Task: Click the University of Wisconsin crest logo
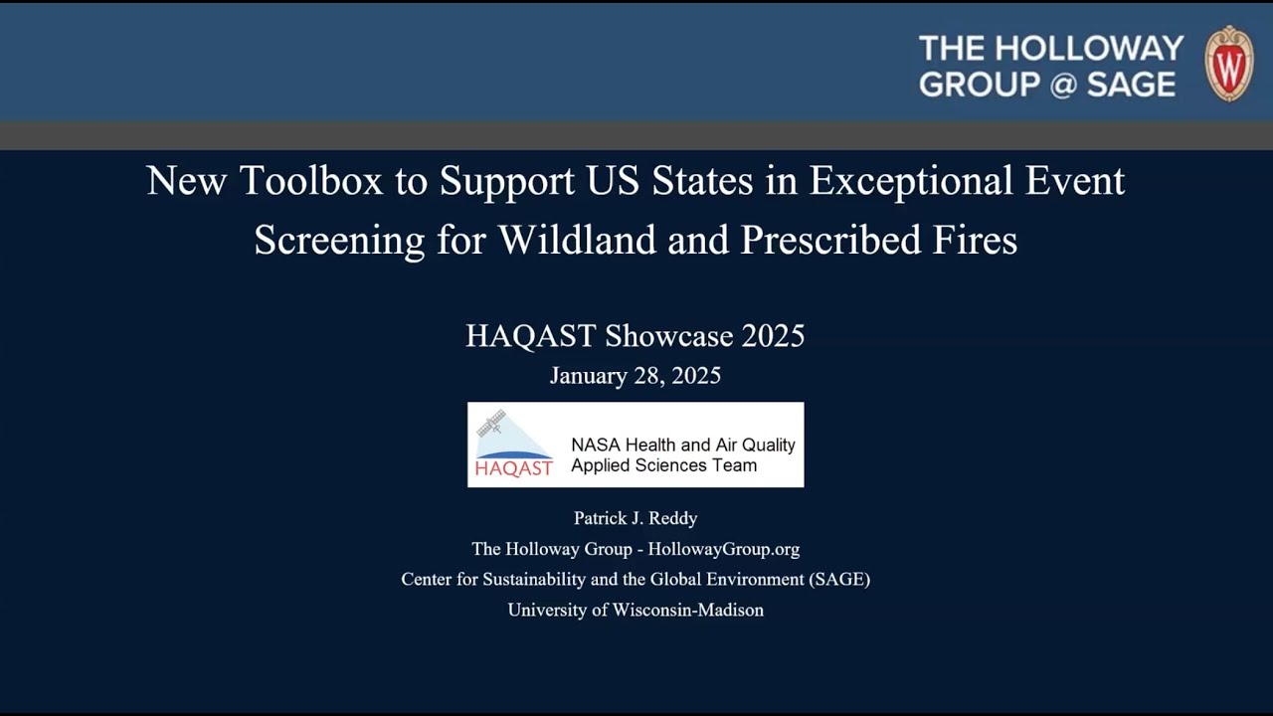1229,64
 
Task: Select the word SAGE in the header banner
1131,85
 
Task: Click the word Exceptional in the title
909,181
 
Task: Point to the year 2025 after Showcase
773,336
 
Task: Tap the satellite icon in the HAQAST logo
491,424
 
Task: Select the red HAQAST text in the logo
513,468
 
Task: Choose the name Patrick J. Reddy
636,518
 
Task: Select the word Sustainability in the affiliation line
534,579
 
